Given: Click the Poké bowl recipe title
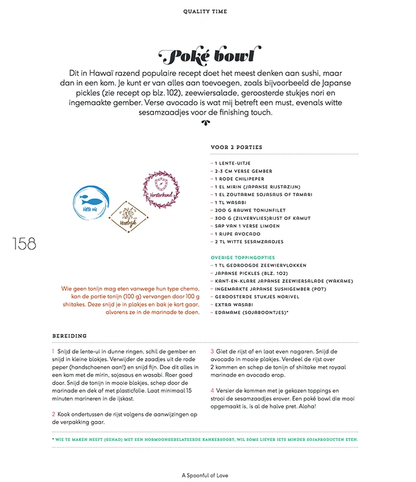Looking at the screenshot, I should (207, 56).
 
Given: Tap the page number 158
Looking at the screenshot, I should (23, 244).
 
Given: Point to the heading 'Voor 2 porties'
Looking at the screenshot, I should (236, 147).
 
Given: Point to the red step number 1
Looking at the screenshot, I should (53, 352).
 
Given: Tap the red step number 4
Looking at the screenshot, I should (212, 390).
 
